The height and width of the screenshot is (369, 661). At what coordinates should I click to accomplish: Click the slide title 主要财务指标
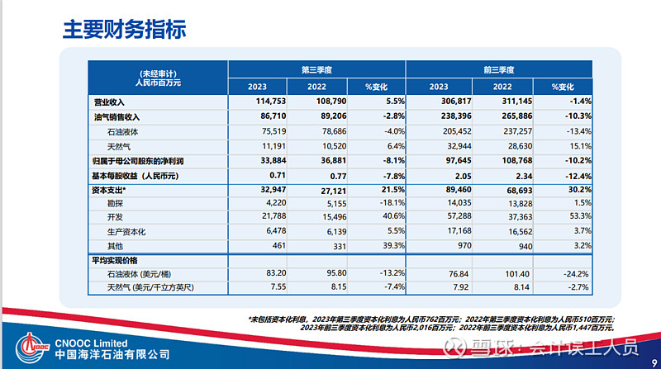click(x=124, y=30)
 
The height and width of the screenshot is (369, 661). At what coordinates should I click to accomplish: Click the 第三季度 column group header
click(x=316, y=69)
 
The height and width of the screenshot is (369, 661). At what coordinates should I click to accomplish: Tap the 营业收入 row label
click(x=113, y=102)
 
